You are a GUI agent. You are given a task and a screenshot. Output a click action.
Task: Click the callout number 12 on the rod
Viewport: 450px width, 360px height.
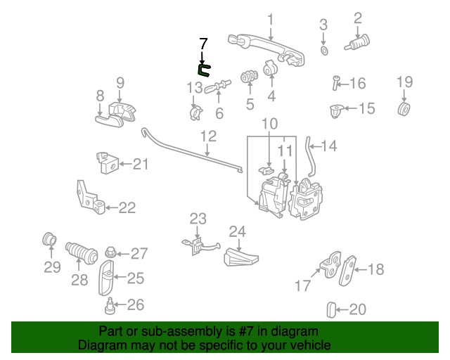pyautogui.click(x=208, y=135)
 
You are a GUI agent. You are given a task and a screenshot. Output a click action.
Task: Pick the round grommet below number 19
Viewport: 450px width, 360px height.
pyautogui.click(x=404, y=109)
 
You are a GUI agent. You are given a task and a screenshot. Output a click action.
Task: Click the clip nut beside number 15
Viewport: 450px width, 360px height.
pyautogui.click(x=336, y=110)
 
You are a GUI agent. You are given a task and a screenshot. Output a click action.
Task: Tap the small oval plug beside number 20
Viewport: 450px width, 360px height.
pyautogui.click(x=333, y=309)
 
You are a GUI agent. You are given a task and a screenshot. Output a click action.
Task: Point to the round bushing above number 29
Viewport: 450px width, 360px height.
pyautogui.click(x=49, y=238)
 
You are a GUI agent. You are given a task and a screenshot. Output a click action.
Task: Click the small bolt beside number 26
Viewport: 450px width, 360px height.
pyautogui.click(x=110, y=306)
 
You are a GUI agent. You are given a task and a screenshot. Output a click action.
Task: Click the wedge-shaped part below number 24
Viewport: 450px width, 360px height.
pyautogui.click(x=239, y=257)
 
